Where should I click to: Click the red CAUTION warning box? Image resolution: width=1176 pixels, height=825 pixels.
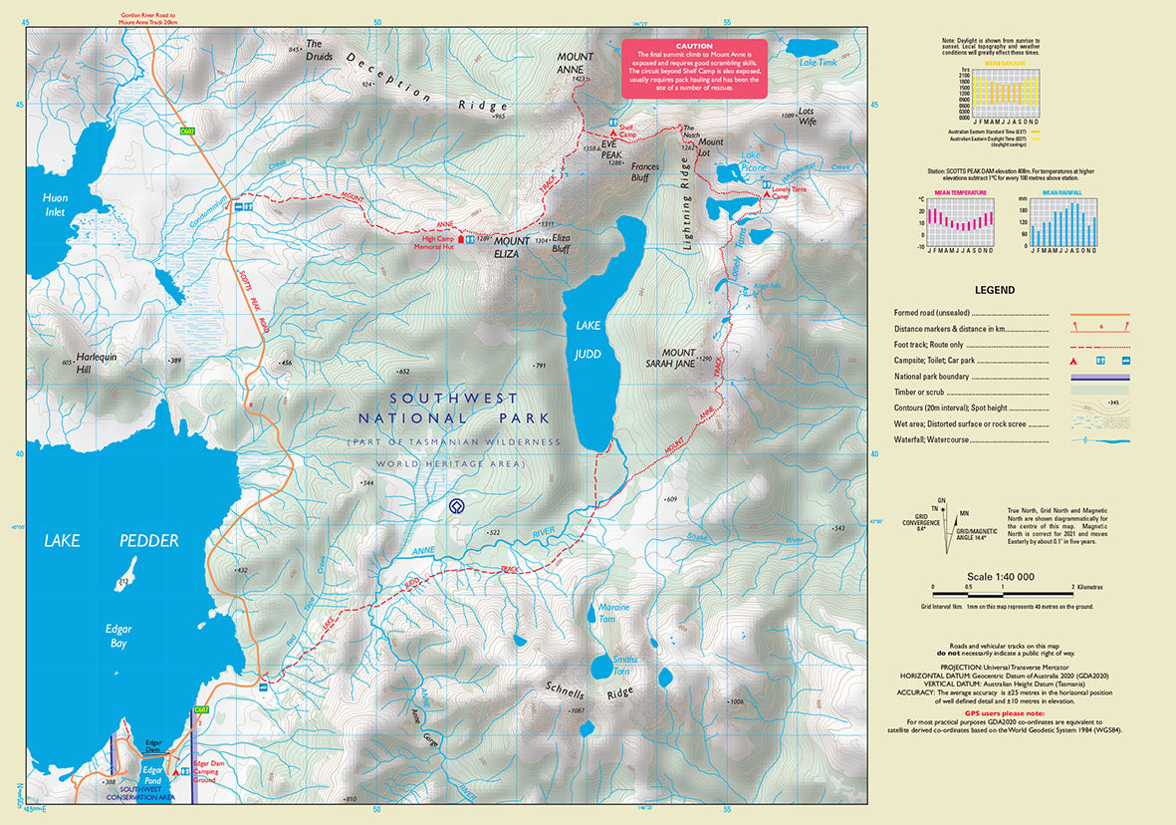click(x=694, y=68)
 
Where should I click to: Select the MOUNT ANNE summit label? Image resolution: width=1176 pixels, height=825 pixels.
click(x=576, y=63)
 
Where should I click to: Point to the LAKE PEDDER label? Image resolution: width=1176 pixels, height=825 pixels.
click(x=111, y=541)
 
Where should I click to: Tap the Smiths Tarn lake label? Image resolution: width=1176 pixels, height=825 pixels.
click(x=624, y=664)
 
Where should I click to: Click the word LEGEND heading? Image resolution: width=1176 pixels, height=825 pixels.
click(x=994, y=291)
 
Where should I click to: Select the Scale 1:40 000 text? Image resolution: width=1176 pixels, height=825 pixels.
click(x=1001, y=577)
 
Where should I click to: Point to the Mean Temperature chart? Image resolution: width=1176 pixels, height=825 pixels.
click(x=960, y=225)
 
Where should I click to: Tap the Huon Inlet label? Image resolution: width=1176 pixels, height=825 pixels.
click(x=56, y=204)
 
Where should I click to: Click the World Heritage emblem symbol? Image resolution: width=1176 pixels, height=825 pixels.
click(x=457, y=506)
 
